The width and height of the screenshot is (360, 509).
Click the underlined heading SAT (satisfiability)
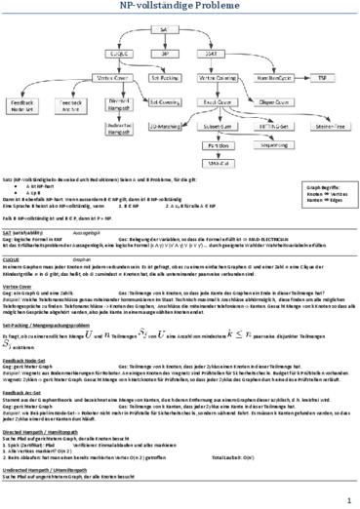click(x=34, y=260)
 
